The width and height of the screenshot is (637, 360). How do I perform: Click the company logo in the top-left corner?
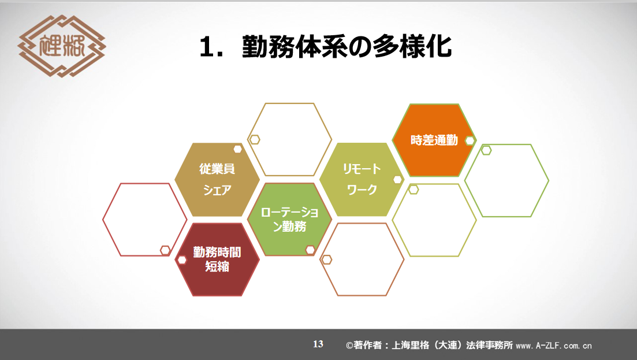[62, 46]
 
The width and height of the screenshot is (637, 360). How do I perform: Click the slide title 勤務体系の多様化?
[347, 47]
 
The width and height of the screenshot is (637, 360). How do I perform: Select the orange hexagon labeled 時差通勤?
[434, 140]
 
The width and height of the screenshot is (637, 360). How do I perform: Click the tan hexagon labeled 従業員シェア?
[217, 179]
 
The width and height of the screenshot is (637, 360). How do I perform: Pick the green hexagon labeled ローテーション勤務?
[289, 220]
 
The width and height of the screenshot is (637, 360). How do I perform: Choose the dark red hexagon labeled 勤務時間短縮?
[217, 259]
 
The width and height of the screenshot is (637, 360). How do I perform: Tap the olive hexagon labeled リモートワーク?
[362, 179]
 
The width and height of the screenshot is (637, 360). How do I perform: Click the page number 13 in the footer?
[318, 344]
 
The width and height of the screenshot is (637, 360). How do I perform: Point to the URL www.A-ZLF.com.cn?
[554, 346]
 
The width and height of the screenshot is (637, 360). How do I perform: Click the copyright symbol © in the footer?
[349, 346]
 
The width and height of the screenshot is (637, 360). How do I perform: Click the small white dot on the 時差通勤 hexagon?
[470, 140]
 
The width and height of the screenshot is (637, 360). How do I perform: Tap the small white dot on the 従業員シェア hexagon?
[238, 149]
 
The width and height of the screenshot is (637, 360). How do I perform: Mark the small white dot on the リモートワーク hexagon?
[397, 180]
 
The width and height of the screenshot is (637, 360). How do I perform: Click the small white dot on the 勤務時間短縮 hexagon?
[182, 259]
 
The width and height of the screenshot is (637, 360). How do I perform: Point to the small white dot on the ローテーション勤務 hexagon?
[310, 250]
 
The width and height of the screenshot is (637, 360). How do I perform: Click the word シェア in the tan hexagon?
[217, 190]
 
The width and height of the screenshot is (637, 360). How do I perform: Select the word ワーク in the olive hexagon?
[362, 190]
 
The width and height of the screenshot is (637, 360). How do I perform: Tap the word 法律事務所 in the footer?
[490, 346]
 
